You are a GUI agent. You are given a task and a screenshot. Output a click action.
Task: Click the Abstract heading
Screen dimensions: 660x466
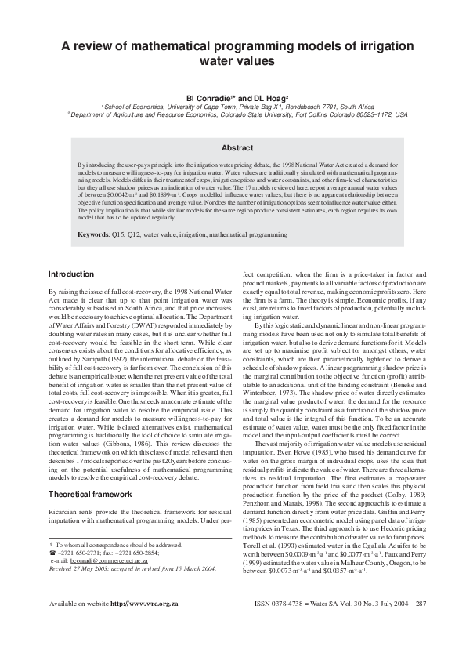(x=259, y=147)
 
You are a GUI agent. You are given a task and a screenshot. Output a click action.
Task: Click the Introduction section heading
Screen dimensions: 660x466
(x=72, y=274)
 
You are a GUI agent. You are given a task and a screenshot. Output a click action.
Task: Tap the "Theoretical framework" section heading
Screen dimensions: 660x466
(x=90, y=473)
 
